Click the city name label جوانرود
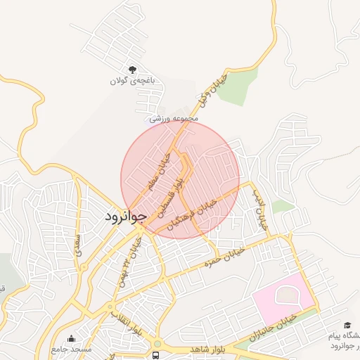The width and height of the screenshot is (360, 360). click(126, 216)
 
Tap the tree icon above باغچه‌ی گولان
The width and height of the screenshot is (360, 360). click(132, 69)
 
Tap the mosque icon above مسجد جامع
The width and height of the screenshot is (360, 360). click(71, 338)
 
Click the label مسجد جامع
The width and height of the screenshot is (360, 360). click(71, 349)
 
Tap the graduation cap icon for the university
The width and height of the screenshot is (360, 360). click(347, 325)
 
